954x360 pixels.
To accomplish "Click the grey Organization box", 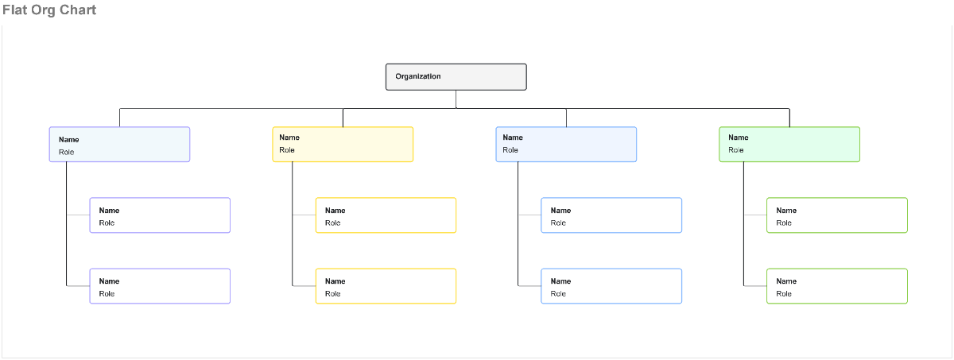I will (x=456, y=77).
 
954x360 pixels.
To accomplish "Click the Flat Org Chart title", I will (x=49, y=10).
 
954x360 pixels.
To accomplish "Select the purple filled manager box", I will (x=119, y=145).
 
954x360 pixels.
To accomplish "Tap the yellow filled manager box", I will (x=343, y=145).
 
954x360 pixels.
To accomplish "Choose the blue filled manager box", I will (x=566, y=145).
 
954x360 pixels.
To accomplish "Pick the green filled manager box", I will (x=789, y=145).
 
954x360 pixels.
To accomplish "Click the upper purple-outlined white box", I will (x=160, y=215).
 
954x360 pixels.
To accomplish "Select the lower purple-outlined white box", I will (x=160, y=286).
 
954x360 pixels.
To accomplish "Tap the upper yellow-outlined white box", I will (x=386, y=215).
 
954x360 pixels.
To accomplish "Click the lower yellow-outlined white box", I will (x=386, y=286).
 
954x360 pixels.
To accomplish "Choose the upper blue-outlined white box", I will (x=611, y=215).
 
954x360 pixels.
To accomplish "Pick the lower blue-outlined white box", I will (x=611, y=286).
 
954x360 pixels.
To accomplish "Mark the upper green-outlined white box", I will (x=837, y=215).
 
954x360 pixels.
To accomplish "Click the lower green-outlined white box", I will (x=837, y=286).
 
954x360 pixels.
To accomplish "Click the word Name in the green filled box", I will (x=738, y=137).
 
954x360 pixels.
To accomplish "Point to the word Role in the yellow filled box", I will (x=287, y=150).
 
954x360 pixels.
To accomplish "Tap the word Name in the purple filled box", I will (x=68, y=140).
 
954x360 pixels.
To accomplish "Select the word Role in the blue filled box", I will (x=510, y=150).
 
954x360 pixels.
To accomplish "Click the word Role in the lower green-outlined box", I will (x=784, y=294).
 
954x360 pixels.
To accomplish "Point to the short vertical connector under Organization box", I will (x=456, y=99).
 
